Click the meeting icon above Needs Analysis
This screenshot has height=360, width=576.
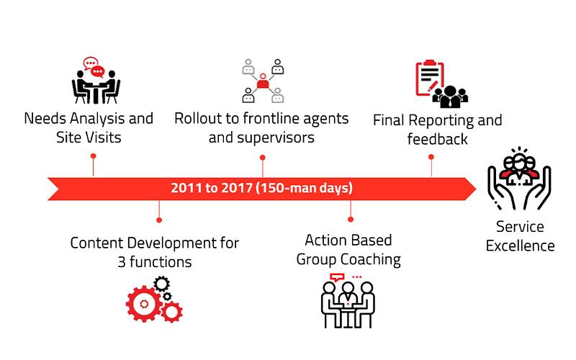pos(96,80)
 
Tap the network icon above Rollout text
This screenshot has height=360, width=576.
pos(263,81)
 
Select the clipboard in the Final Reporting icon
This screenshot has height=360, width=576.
pos(429,78)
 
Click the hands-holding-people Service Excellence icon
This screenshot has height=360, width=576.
pos(519,178)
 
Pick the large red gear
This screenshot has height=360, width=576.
pos(144,304)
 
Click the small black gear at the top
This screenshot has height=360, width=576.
pos(161,284)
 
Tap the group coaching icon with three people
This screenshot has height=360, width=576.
pos(348,300)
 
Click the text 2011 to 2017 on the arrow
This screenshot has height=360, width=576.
pos(211,188)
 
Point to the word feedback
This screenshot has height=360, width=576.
pos(438,140)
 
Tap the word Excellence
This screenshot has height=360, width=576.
pos(520,246)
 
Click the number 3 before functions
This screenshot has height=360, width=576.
pos(122,262)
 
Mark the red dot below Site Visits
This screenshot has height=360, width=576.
pos(94,156)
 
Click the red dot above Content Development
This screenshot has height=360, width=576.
pos(159,220)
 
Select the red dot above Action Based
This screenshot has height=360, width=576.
pos(351,220)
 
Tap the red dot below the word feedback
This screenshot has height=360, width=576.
pos(431,157)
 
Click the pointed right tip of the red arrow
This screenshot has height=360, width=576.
pos(476,189)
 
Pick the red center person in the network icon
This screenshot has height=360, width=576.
pos(263,81)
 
